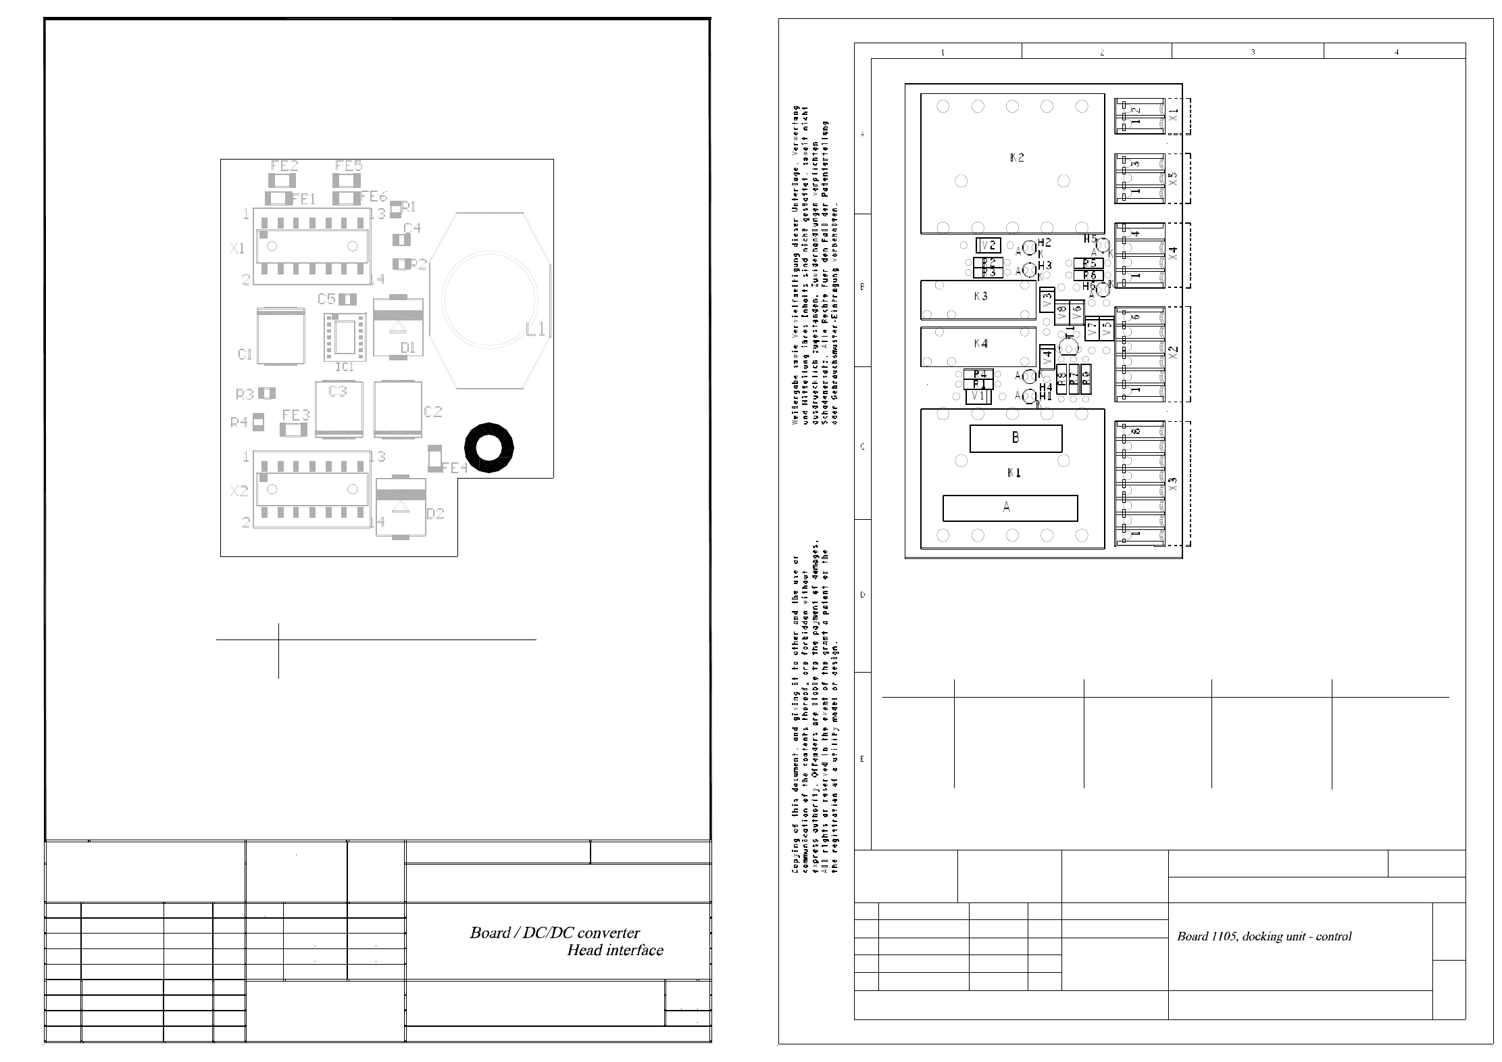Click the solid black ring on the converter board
(x=489, y=448)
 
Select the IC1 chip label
(x=345, y=367)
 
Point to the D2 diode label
(x=436, y=514)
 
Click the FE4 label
(x=455, y=468)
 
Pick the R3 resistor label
(x=245, y=394)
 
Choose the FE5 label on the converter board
(x=349, y=166)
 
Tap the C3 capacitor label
(x=338, y=391)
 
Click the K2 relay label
(x=1017, y=158)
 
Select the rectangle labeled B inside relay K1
(x=1016, y=438)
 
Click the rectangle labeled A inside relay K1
(x=1009, y=508)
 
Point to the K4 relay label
(x=981, y=344)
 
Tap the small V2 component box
(x=988, y=245)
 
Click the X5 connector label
(x=1173, y=178)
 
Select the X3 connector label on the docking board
(x=1173, y=484)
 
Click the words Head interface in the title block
(x=615, y=950)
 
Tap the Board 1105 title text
(x=1263, y=936)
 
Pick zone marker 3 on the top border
(x=1253, y=52)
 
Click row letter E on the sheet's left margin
(x=862, y=759)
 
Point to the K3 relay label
(x=981, y=297)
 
